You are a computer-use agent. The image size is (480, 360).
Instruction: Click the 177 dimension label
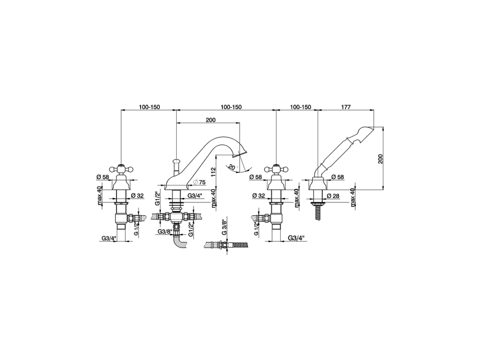coord(345,107)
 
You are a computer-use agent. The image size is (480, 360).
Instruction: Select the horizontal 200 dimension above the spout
coord(211,120)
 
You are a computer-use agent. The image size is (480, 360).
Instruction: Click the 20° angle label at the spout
coord(232,167)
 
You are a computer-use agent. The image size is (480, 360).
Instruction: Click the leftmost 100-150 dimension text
coord(149,107)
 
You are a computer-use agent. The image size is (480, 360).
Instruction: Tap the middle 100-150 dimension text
coord(231,107)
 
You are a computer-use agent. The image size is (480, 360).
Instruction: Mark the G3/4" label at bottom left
coord(109,238)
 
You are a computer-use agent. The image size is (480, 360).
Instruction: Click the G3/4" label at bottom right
coord(296,238)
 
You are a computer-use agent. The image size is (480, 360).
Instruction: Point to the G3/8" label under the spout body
coord(164,232)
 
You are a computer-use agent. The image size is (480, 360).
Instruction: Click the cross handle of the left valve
coord(120,169)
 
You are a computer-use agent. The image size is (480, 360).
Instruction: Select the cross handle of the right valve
coord(276,169)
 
